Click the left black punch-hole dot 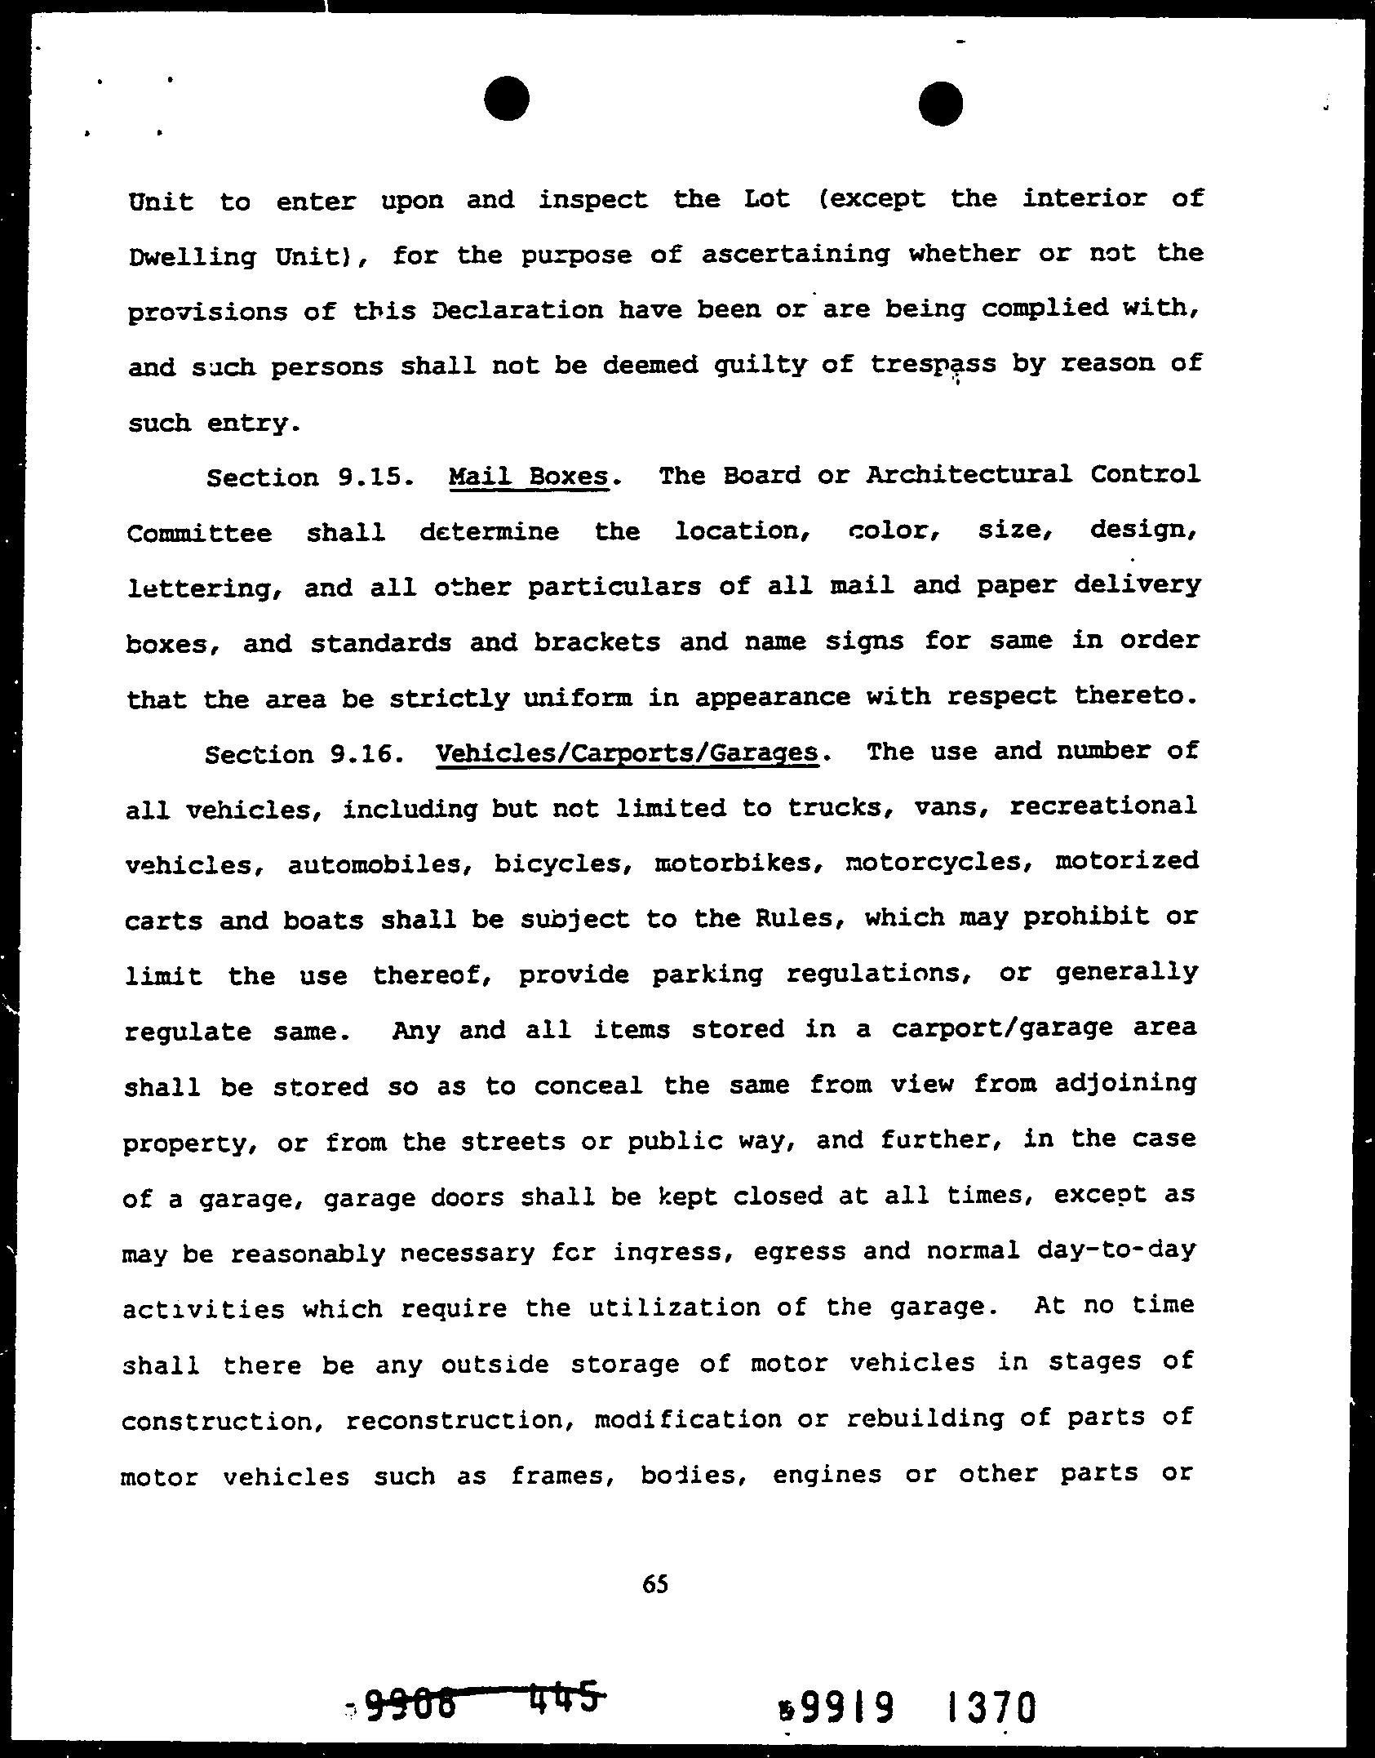506,100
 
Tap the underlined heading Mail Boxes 529,476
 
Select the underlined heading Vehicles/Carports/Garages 628,752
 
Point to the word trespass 933,364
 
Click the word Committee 199,534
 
